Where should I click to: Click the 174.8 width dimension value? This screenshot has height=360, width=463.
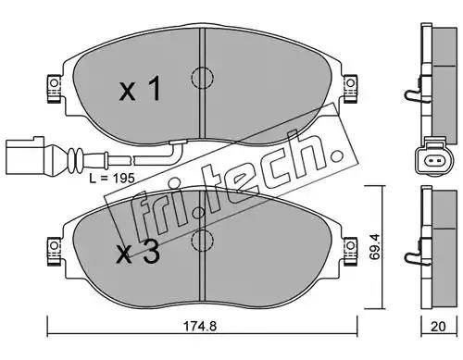[200, 327]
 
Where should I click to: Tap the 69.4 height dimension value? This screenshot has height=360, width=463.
[375, 246]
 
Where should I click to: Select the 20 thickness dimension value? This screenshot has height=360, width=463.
[438, 327]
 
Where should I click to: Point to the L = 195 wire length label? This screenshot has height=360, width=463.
[112, 178]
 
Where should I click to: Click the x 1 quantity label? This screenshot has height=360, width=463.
[141, 89]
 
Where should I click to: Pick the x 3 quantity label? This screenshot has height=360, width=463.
[138, 253]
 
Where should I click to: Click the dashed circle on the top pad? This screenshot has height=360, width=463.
[202, 78]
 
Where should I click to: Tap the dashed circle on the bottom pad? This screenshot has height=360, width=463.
[202, 241]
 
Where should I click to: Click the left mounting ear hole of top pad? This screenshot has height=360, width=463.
[54, 83]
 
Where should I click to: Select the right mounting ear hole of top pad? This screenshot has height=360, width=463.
[350, 83]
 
